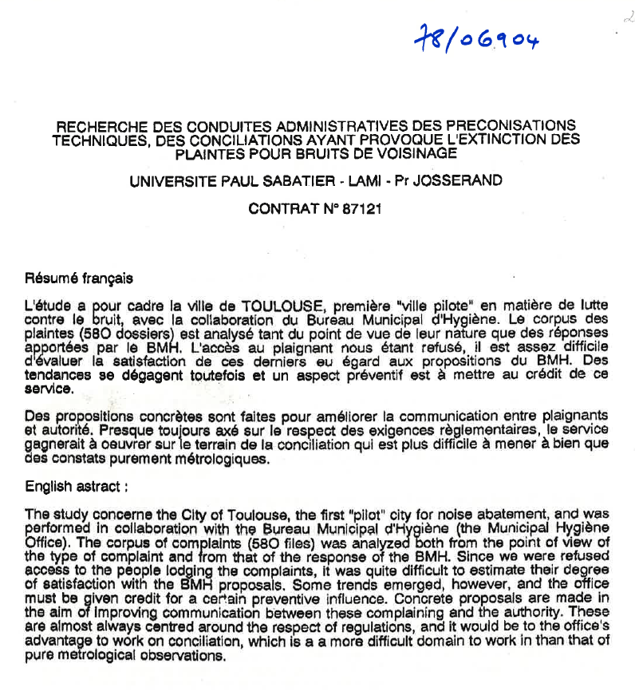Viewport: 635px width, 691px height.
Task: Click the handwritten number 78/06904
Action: [476, 38]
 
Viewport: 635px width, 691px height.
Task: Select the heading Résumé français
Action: [79, 278]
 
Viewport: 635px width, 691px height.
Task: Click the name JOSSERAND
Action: [463, 181]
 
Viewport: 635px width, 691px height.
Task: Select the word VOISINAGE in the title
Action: [410, 151]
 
